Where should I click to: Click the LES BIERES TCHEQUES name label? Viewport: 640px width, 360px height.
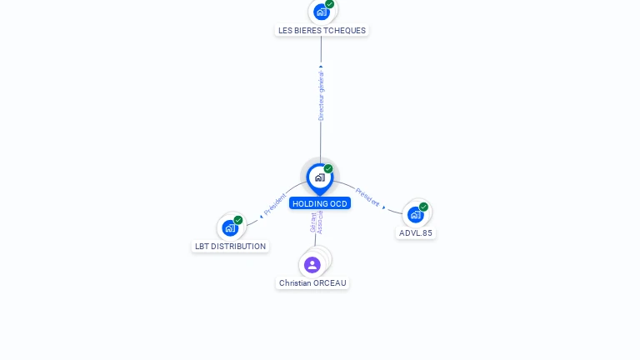click(x=322, y=31)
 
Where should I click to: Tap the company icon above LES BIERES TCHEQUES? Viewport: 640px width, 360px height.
click(x=322, y=12)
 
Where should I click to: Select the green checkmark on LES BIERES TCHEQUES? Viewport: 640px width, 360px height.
click(x=330, y=4)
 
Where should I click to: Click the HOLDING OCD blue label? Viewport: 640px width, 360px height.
click(x=320, y=203)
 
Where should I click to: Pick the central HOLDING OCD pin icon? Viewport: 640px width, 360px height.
click(x=320, y=179)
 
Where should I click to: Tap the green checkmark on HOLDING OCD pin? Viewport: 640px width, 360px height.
click(x=328, y=168)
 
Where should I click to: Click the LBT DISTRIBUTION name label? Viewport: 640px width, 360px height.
click(x=230, y=247)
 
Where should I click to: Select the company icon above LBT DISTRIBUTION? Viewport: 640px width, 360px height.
click(x=230, y=227)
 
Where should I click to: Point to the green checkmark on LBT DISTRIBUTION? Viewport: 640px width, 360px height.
click(x=238, y=220)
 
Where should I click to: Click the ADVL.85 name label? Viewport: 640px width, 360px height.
click(x=416, y=233)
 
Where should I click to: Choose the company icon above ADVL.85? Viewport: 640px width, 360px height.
click(x=416, y=215)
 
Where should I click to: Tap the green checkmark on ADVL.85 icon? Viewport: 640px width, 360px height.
click(x=423, y=207)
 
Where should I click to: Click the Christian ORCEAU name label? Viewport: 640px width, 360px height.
click(x=312, y=282)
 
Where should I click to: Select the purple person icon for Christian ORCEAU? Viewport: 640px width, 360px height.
click(x=312, y=265)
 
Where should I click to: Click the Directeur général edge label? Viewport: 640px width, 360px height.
click(x=321, y=96)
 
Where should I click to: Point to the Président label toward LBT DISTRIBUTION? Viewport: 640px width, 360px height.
click(x=275, y=204)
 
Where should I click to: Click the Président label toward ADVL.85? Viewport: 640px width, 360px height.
click(x=367, y=197)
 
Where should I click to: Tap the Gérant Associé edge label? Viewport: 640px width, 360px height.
click(x=317, y=222)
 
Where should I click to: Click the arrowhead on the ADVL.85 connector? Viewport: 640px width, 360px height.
click(x=383, y=207)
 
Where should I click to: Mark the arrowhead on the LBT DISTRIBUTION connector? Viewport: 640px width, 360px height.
click(x=261, y=217)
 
